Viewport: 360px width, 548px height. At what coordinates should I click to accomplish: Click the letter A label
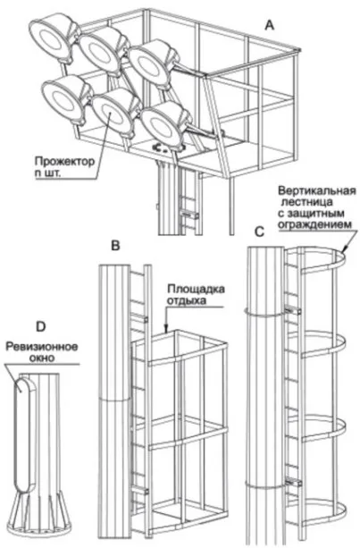pos(270,25)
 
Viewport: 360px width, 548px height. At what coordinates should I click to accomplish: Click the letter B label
pos(115,246)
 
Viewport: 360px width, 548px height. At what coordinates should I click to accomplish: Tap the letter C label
pos(259,232)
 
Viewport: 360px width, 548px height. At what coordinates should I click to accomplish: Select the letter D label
pos(41,326)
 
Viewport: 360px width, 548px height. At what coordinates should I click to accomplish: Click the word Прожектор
pos(64,161)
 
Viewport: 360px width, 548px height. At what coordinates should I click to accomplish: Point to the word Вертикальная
pos(317,190)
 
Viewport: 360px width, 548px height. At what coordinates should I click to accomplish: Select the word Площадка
pos(196,290)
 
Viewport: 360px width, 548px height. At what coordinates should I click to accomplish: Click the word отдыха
pos(187,300)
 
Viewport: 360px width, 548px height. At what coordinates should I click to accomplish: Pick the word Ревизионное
pos(42,347)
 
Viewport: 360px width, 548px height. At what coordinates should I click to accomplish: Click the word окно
pos(42,358)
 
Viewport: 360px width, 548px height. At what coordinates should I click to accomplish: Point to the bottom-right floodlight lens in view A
pos(162,126)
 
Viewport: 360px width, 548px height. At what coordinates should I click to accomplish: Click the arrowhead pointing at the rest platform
pos(166,328)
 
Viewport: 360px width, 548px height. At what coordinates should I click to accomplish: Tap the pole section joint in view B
pos(114,400)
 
